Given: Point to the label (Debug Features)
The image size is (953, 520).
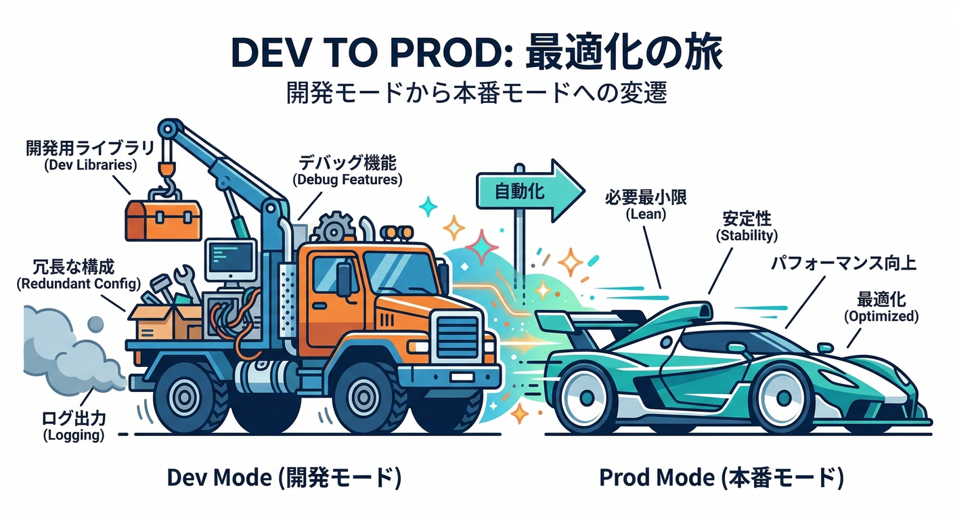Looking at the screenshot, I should point(347,180).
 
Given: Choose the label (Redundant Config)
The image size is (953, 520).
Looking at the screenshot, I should point(79,283).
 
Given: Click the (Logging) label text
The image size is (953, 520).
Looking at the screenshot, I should point(74,435).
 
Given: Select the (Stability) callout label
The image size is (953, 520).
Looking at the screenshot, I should point(747,236).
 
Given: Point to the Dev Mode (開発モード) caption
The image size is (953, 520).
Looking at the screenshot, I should point(284,479).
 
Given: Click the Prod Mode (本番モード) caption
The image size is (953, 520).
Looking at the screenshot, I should point(722,479).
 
